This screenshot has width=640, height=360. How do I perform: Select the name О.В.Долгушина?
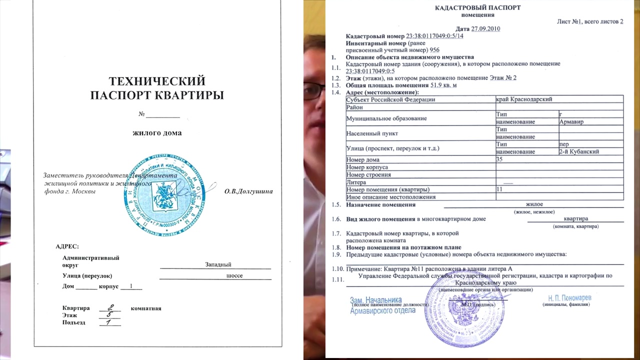pos(248,191)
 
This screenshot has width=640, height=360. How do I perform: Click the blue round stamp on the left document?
pos(164,195)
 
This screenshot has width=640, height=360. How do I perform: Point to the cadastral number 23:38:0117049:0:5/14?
pos(434,36)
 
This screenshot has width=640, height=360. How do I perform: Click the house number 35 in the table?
pos(499,159)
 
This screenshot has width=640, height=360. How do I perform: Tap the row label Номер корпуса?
pos(367,167)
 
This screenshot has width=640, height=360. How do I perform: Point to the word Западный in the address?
pos(218,264)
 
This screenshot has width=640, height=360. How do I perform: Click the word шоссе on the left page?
pos(234,275)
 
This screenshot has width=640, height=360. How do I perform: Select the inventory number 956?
pos(434,50)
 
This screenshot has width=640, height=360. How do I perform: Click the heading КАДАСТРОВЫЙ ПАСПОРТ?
pos(477,7)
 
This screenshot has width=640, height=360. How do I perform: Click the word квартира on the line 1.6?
pos(575,218)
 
